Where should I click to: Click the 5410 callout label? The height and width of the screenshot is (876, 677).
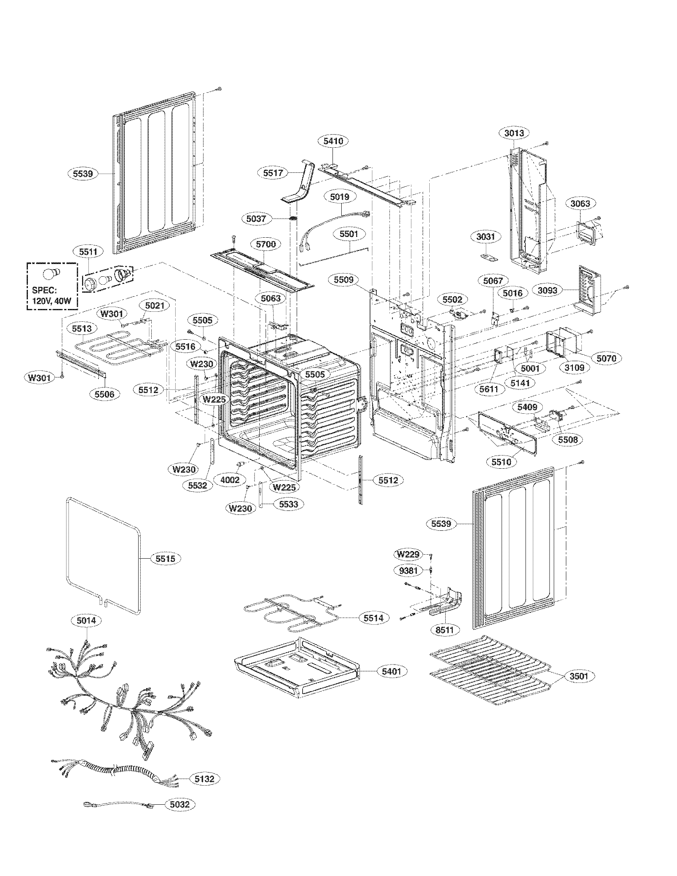[333, 141]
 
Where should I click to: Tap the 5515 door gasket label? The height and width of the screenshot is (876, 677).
[165, 558]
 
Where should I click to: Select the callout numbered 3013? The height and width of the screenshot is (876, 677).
[514, 133]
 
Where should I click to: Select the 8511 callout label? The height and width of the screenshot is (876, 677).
[444, 630]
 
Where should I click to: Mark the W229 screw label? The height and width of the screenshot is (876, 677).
[408, 554]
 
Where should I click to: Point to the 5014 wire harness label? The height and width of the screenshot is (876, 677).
[87, 620]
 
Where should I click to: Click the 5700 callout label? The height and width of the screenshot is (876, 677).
[266, 244]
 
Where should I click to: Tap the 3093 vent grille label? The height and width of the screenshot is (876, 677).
[548, 290]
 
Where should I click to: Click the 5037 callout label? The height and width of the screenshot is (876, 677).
[258, 219]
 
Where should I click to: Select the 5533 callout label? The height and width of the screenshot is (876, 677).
[288, 504]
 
